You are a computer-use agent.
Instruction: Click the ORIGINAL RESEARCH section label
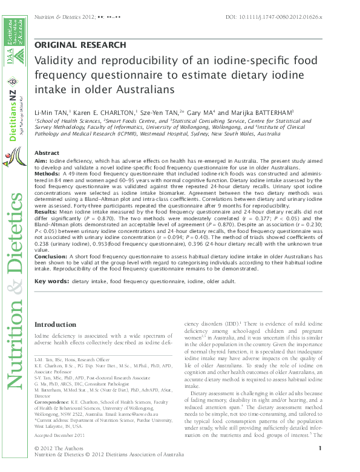point(80,45)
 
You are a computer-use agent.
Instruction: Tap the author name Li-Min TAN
point(51,113)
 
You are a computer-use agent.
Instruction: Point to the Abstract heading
point(47,153)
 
